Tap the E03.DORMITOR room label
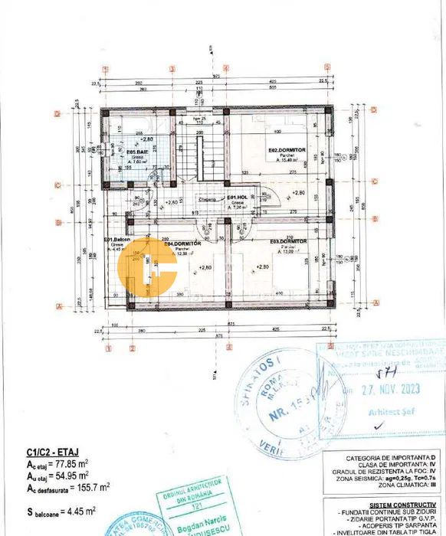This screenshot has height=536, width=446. [288, 241]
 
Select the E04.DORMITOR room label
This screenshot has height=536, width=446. [182, 243]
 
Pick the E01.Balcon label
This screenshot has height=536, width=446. [117, 239]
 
